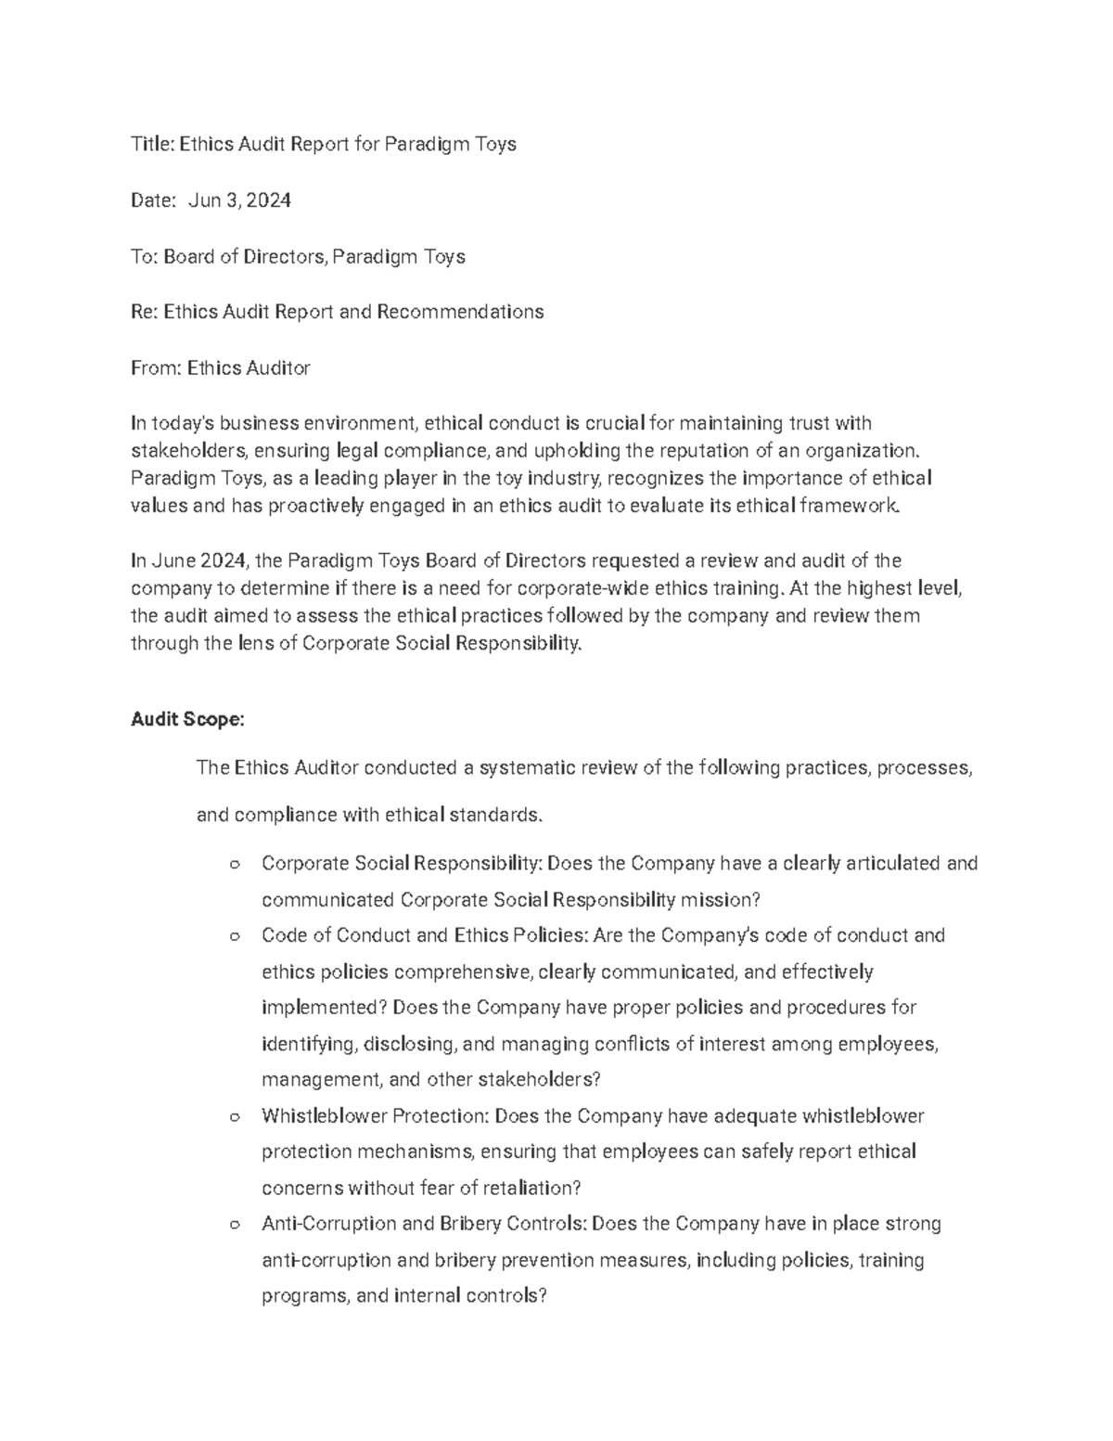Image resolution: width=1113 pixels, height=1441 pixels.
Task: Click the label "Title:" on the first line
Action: tap(152, 144)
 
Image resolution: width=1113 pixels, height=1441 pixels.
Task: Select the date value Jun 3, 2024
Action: tap(239, 199)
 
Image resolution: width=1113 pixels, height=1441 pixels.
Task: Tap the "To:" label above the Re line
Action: tap(144, 256)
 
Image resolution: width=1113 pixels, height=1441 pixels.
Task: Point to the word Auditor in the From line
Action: tap(277, 368)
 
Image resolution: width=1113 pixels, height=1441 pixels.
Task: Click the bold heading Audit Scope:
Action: tap(188, 719)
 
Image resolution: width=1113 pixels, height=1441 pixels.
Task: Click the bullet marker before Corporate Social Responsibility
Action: tap(234, 865)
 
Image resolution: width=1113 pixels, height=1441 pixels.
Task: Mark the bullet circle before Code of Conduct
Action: tap(234, 936)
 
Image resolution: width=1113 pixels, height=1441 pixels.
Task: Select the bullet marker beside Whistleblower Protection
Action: tap(234, 1116)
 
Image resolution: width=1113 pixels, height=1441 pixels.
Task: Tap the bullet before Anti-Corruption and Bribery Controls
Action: tap(234, 1225)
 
